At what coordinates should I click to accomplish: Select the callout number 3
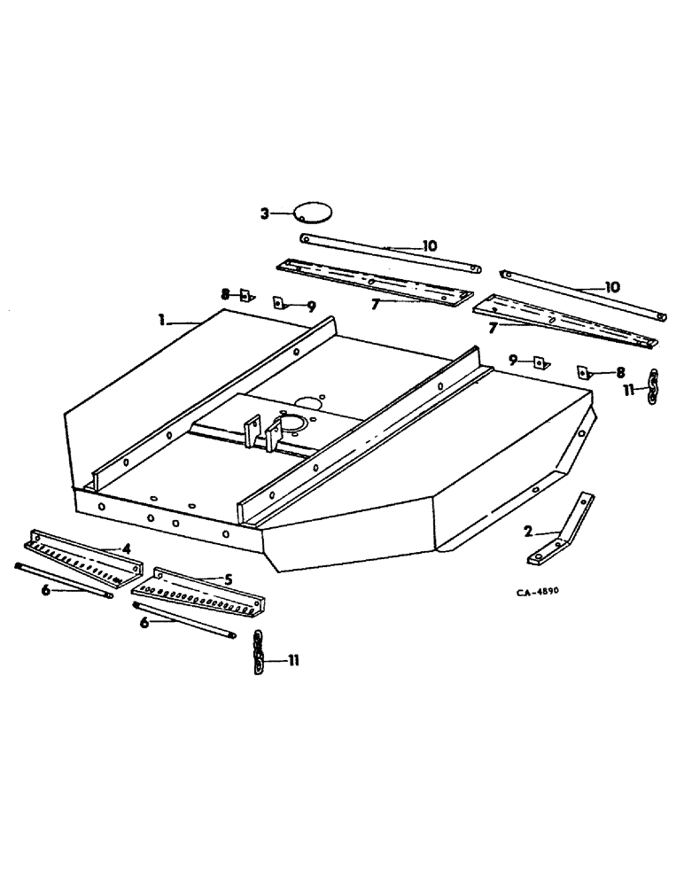[264, 213]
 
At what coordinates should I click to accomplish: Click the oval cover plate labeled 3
[312, 213]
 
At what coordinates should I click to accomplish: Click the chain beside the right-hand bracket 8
[654, 386]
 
